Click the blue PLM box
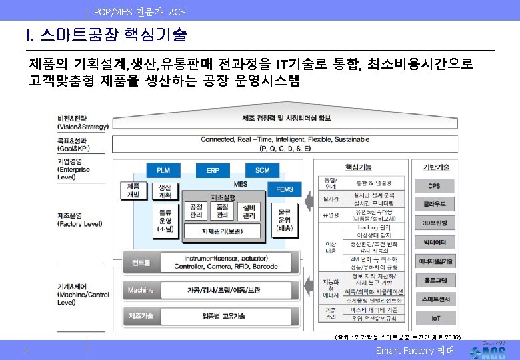coord(163,171)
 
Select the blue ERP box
coord(213,171)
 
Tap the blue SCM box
coord(262,171)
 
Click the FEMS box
coord(285,190)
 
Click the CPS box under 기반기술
coord(435,185)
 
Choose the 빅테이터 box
coord(435,241)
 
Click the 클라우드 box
coord(435,203)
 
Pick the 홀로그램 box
coord(435,280)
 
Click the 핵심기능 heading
coord(359,167)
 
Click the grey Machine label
coord(141,290)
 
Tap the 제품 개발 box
coord(133,191)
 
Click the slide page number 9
coord(25,351)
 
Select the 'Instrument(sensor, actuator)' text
coord(217,258)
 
